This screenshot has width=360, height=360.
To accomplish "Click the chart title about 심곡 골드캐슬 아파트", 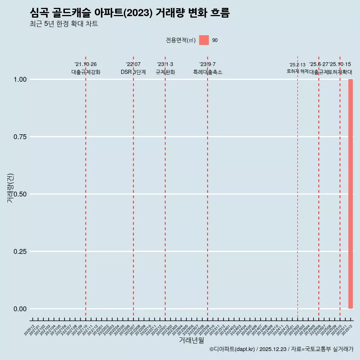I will (129, 13).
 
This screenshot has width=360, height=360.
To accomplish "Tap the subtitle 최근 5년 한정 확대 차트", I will (64, 24).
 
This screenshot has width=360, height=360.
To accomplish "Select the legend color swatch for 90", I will (204, 40).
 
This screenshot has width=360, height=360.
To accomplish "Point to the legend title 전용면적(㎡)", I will (181, 40).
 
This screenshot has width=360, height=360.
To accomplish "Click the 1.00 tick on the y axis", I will (20, 79).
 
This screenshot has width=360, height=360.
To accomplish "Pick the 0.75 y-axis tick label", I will (20, 137).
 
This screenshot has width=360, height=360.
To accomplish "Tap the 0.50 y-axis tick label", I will (20, 194).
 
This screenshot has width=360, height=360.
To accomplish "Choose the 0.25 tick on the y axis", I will (20, 252).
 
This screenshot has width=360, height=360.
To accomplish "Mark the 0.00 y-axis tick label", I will (20, 309).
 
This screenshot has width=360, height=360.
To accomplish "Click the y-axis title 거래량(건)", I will (10, 188).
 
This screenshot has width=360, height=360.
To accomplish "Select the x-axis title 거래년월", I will (191, 340).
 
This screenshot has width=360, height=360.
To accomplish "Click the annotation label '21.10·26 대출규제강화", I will (86, 68).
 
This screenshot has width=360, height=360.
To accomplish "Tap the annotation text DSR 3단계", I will (133, 72).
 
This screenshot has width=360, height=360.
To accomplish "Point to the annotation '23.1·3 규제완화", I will (165, 68).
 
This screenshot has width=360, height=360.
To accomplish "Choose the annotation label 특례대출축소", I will (208, 72).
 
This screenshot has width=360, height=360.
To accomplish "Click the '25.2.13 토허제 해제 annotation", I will (297, 68).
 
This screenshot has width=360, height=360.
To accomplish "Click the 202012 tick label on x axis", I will (29, 330).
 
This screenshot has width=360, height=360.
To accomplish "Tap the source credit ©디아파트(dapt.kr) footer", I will (281, 349).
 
